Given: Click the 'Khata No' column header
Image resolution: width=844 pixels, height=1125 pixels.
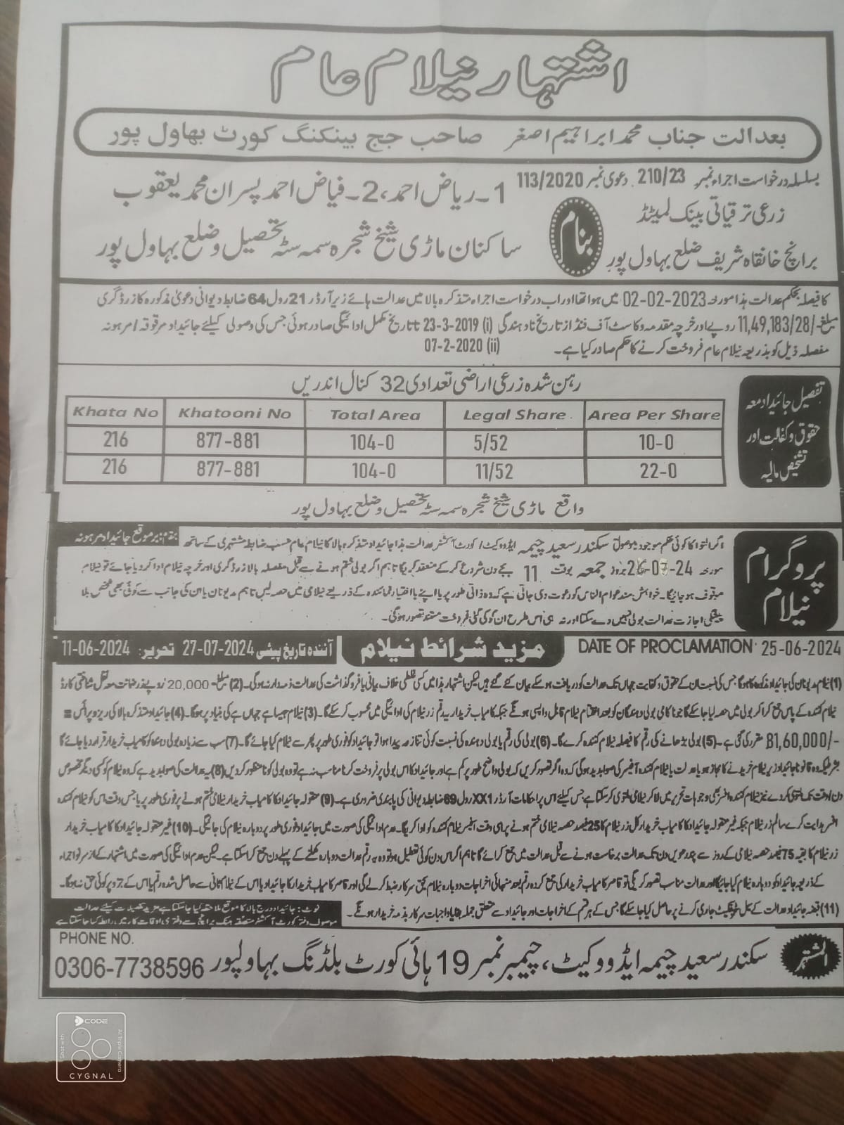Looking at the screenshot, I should pos(115,412).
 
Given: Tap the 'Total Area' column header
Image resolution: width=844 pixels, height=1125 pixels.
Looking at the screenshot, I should pos(375,415).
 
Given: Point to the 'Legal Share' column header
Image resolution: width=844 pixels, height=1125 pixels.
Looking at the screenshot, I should pos(514,415).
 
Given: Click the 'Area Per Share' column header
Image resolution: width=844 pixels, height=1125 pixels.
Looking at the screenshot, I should pos(654,415).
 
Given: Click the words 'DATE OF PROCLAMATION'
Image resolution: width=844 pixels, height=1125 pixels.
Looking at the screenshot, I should pos(663,645).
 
